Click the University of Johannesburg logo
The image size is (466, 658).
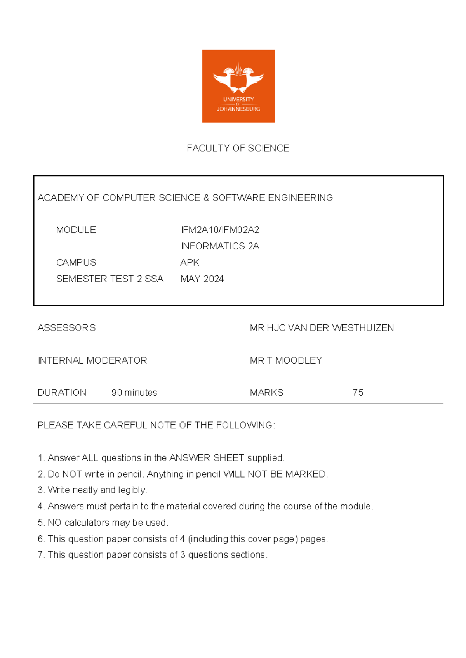coord(238,86)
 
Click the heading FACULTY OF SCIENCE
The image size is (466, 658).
coord(238,148)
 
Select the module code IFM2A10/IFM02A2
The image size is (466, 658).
coord(220,230)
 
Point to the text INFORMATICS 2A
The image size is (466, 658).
coord(220,246)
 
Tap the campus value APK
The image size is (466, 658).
coord(190,263)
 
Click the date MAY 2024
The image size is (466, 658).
coord(202,279)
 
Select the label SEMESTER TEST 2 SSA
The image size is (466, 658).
coord(110,279)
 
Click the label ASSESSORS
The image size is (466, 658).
coord(66,328)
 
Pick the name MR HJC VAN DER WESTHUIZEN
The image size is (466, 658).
coord(322,328)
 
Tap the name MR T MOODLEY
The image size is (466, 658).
coord(286,360)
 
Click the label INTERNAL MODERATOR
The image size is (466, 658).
coord(92,360)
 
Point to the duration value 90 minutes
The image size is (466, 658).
coord(134,393)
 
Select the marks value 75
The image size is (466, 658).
coord(358,393)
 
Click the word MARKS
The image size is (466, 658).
coord(266,393)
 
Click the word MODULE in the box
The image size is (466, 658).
coord(76,230)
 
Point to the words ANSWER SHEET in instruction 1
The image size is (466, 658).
coord(207,458)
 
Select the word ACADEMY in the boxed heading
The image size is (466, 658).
coord(61,198)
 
